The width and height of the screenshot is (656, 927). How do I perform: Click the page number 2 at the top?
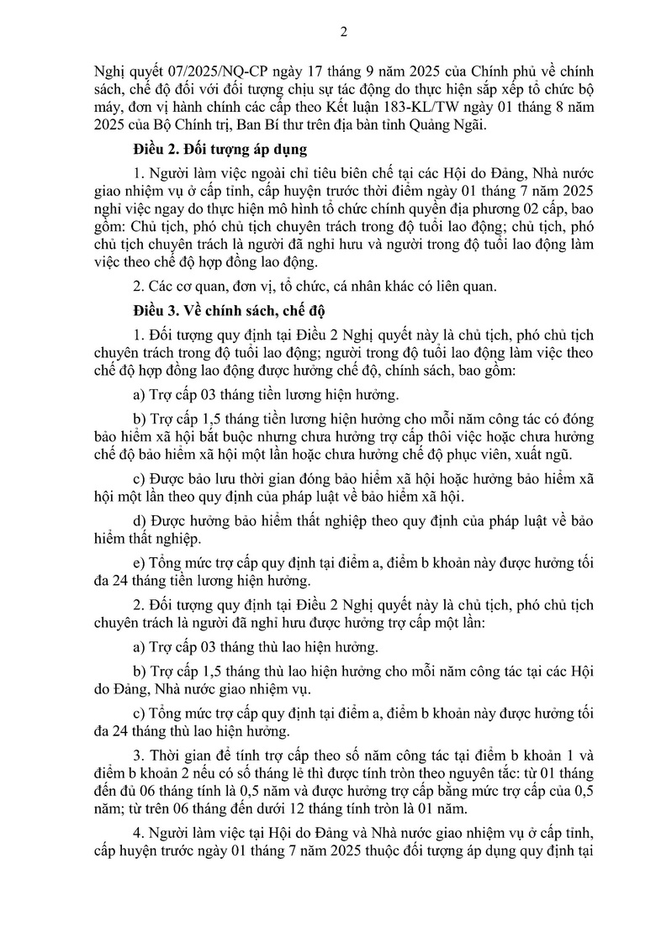click(342, 33)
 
